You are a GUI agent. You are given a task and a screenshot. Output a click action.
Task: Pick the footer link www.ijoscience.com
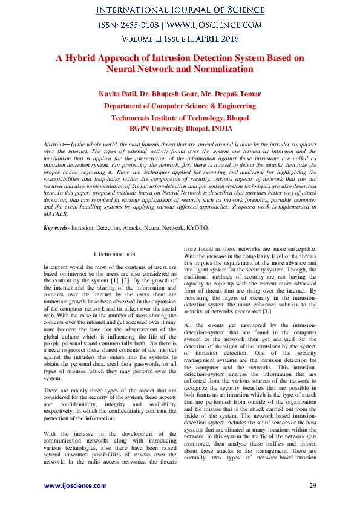(75, 485)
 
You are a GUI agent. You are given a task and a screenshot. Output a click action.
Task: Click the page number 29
(312, 485)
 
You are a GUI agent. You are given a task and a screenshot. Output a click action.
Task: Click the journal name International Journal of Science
(180, 11)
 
